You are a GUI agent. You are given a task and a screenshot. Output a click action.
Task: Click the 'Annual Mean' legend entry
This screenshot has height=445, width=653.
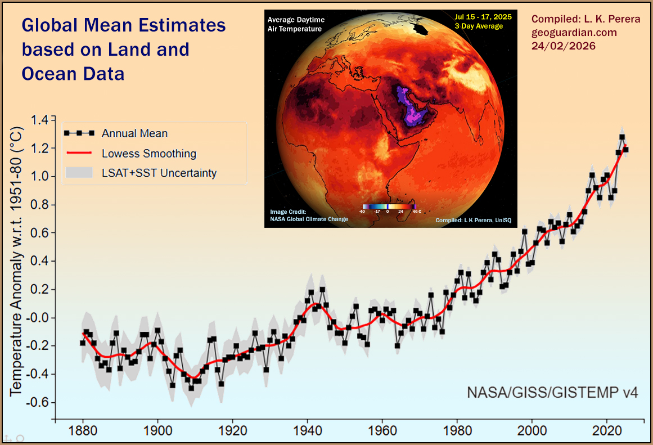coord(134,133)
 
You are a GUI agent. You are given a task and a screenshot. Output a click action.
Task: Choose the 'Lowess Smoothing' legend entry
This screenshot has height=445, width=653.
coord(148,153)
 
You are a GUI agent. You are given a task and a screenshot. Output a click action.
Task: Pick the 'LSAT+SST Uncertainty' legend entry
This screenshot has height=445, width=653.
coord(159,173)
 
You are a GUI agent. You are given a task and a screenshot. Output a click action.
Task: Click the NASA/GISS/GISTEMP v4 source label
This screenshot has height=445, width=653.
coord(552,392)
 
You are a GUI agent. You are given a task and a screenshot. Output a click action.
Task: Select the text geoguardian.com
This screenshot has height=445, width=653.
coord(574,33)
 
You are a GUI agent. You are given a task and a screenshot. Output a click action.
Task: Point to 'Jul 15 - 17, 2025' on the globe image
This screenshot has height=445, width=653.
coord(483,17)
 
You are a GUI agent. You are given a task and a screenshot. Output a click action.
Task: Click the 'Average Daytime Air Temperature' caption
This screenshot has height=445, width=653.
coord(295,24)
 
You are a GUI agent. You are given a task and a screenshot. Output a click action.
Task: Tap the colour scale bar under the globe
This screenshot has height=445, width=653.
coord(389,206)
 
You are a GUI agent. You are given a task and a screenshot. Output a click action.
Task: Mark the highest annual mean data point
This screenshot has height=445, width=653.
coord(622,137)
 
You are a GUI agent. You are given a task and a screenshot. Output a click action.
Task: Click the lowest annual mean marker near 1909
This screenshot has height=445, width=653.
coord(191,388)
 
